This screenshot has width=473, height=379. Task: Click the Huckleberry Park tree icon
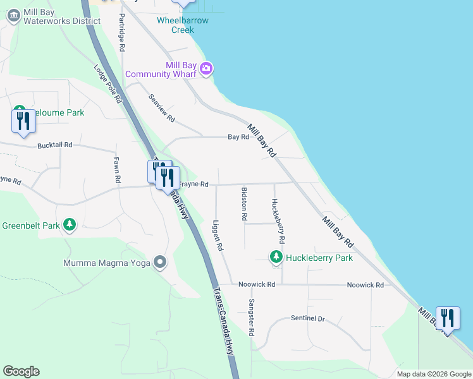(x=276, y=257)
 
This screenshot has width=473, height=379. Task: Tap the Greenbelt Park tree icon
(x=70, y=225)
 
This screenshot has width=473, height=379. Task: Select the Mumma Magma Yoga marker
(x=160, y=262)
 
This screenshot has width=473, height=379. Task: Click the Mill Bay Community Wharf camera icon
(x=206, y=68)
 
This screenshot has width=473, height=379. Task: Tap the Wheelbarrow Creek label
(x=183, y=25)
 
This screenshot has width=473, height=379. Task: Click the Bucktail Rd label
(x=55, y=145)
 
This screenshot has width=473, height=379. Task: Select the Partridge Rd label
(x=122, y=34)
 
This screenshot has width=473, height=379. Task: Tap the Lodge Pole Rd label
(x=107, y=83)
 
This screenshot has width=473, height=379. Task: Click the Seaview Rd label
(x=161, y=109)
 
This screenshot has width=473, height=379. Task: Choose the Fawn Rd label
(x=117, y=170)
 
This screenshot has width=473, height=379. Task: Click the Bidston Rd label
(x=244, y=203)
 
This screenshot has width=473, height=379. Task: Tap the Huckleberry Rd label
(x=278, y=222)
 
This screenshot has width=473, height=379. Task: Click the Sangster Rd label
(x=251, y=317)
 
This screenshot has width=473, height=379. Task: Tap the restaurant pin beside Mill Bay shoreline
(x=448, y=319)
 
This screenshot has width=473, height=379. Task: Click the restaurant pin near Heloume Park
(x=23, y=121)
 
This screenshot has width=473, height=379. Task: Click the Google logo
(x=21, y=371)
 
